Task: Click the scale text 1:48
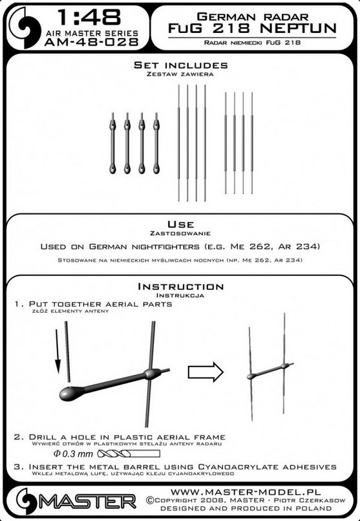pyautogui.click(x=89, y=17)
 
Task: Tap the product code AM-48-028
pyautogui.click(x=91, y=42)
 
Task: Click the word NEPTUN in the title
pyautogui.click(x=298, y=28)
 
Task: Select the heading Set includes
pyautogui.click(x=181, y=65)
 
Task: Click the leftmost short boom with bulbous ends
pyautogui.click(x=112, y=143)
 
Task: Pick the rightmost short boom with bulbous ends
pyautogui.click(x=156, y=143)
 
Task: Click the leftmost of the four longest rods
pyautogui.click(x=178, y=143)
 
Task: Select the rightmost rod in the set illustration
pyautogui.click(x=251, y=143)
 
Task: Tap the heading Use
pyautogui.click(x=181, y=224)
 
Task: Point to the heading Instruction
pyautogui.click(x=181, y=286)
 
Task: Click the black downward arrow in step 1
pyautogui.click(x=58, y=351)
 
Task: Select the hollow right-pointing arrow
pyautogui.click(x=206, y=372)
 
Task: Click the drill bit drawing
pyautogui.click(x=129, y=454)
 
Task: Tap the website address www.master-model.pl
pyautogui.click(x=246, y=492)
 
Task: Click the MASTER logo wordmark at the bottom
pyautogui.click(x=87, y=502)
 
